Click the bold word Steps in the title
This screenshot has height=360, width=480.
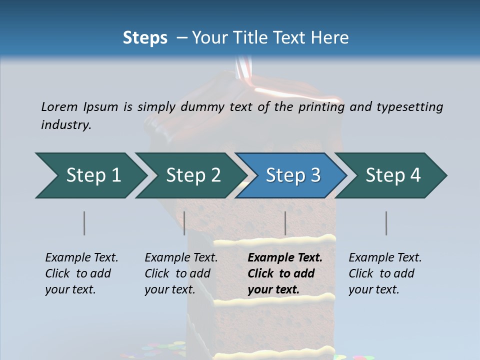[x=145, y=38]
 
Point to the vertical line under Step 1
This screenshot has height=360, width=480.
[x=84, y=223]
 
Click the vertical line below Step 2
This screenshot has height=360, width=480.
[x=184, y=223]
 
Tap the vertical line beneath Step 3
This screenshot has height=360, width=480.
[x=285, y=223]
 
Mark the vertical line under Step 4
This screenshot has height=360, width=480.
[x=386, y=223]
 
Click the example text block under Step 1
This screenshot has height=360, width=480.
[x=81, y=273]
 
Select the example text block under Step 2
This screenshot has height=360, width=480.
[x=181, y=273]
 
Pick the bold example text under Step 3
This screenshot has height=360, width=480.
[x=285, y=273]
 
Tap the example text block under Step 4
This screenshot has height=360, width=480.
[x=385, y=273]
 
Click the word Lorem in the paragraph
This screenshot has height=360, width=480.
[x=59, y=107]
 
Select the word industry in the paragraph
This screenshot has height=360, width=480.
[x=65, y=125]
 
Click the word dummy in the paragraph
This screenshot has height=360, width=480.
[x=203, y=107]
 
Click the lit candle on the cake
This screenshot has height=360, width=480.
[x=244, y=70]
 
